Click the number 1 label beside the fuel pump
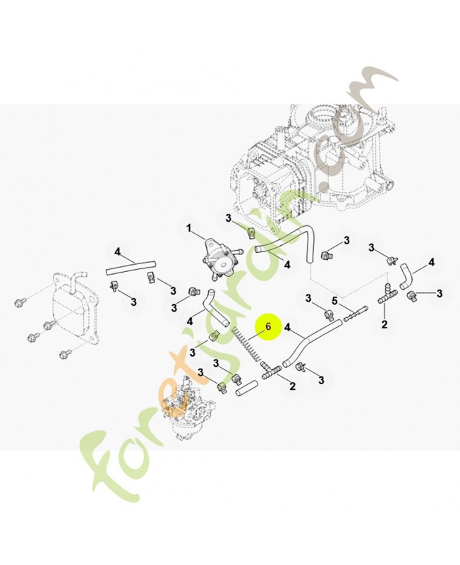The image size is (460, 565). point(189,228)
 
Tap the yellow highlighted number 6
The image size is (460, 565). point(267,327)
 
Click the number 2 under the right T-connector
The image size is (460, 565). point(384,324)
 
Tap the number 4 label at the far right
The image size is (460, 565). point(432,262)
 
